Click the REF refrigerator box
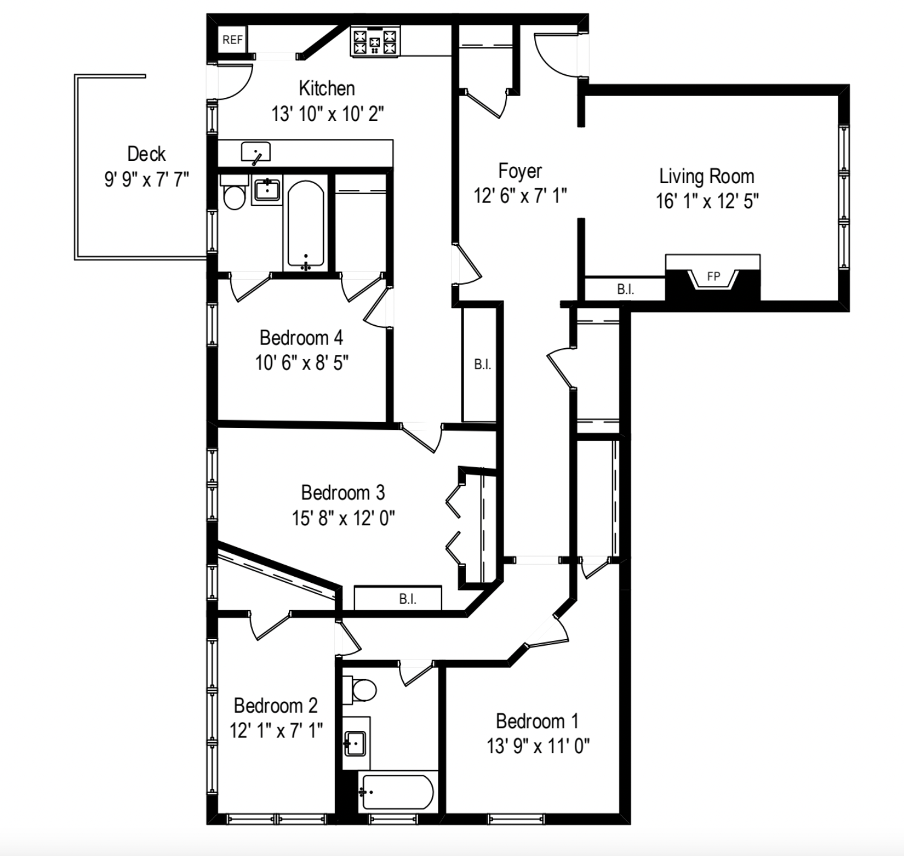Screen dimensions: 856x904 pyautogui.click(x=232, y=40)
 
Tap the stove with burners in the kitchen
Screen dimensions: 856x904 pyautogui.click(x=375, y=42)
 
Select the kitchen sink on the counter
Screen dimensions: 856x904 pyautogui.click(x=256, y=152)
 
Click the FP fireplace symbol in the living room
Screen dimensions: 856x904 pyautogui.click(x=713, y=277)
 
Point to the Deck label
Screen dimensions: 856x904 pyautogui.click(x=146, y=154)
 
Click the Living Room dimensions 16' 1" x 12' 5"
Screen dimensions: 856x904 pyautogui.click(x=707, y=201)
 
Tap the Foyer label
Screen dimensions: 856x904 pyautogui.click(x=520, y=171)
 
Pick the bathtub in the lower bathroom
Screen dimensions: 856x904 pyautogui.click(x=396, y=793)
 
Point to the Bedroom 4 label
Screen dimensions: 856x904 pyautogui.click(x=301, y=337)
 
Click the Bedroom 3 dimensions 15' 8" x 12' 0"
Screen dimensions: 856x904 pyautogui.click(x=343, y=518)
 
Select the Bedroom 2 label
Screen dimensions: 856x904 pyautogui.click(x=276, y=705)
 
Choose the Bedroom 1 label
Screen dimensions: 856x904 pyautogui.click(x=537, y=721)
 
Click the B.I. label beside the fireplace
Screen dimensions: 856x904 pyautogui.click(x=625, y=290)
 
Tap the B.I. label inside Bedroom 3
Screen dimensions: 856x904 pyautogui.click(x=407, y=599)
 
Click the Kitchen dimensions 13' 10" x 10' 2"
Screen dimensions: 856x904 pyautogui.click(x=328, y=114)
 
